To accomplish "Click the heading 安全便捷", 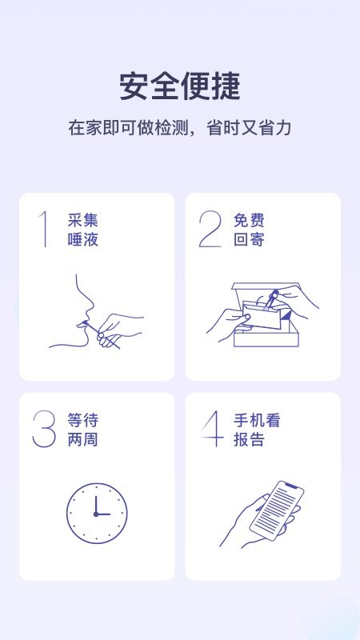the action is tap(180, 86).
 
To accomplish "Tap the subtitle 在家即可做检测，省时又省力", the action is tap(179, 128).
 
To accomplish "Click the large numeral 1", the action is tap(43, 229).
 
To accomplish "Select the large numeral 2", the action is tap(210, 229).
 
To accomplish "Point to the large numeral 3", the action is tap(44, 429).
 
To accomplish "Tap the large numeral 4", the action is tap(213, 429).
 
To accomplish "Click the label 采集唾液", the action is tap(83, 230).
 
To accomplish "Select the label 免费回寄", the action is tap(249, 230).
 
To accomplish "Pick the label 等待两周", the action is tap(83, 430).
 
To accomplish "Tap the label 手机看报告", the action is tap(257, 430).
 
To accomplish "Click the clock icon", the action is tap(97, 514).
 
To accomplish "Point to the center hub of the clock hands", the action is tap(96, 514).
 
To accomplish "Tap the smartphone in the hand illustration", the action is tap(277, 511).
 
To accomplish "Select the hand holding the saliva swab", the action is tap(118, 330).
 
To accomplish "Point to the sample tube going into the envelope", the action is tap(270, 300).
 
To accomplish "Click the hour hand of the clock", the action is tap(96, 505).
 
